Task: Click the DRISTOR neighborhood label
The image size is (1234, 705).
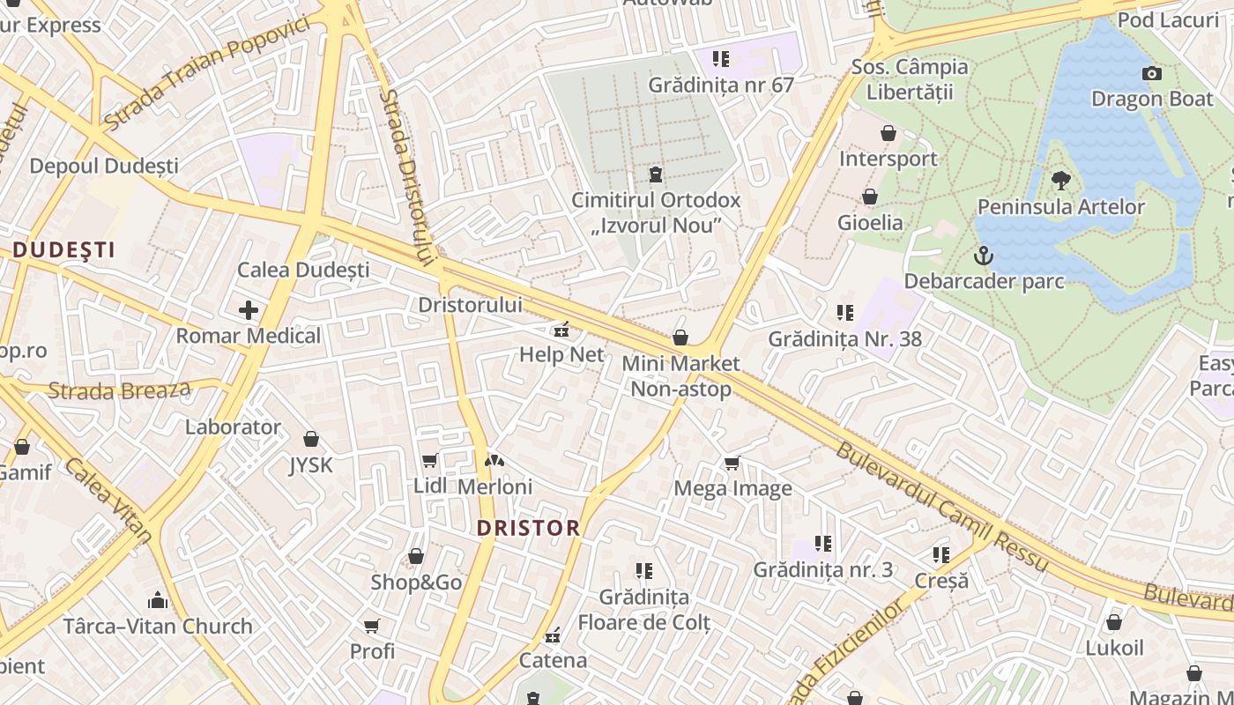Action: (528, 528)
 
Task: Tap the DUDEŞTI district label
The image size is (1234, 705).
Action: (63, 249)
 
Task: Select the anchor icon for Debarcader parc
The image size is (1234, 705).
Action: (983, 256)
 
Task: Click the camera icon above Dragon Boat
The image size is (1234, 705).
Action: (1151, 74)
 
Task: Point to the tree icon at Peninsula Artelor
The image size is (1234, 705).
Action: (1061, 181)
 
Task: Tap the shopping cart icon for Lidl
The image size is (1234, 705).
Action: (430, 460)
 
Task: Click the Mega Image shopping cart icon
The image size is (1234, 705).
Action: (732, 463)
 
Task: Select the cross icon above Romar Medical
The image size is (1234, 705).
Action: (249, 310)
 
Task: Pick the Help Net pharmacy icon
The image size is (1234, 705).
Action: (561, 330)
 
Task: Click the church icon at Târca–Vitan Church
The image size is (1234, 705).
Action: (158, 601)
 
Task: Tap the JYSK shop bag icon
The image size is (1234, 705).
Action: (311, 439)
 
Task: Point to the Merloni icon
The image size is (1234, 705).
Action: (494, 460)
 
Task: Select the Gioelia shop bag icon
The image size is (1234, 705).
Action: (870, 197)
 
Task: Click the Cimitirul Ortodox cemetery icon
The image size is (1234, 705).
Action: (655, 174)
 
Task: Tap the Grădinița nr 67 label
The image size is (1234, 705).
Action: (721, 85)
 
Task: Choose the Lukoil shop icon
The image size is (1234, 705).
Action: (1114, 622)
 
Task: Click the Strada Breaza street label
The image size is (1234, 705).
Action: (119, 390)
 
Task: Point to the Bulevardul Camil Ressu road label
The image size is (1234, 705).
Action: (941, 507)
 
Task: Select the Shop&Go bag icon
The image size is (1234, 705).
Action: (416, 557)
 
